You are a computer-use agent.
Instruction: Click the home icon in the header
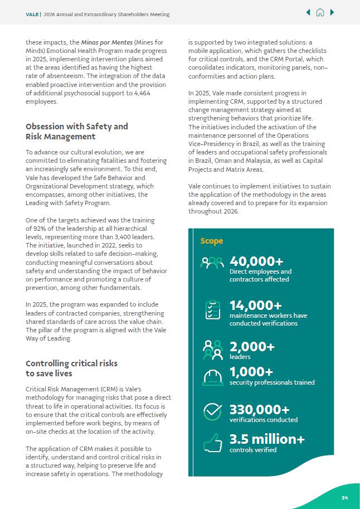320,13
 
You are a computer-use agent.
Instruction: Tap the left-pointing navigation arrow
308,13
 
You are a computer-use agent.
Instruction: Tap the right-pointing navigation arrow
333,13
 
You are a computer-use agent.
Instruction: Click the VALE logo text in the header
32,14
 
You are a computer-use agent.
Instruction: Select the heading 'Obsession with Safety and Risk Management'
76,132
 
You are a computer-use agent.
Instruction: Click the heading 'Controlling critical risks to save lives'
71,368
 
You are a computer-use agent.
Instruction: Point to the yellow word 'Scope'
212,241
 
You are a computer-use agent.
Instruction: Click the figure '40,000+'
256,261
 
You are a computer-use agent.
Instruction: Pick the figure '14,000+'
255,305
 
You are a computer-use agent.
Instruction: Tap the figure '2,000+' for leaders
252,347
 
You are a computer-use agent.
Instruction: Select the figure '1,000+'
251,372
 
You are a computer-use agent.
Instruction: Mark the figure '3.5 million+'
267,439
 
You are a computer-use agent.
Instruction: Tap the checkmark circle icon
212,411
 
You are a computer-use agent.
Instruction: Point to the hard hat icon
212,377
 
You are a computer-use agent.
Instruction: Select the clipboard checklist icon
212,310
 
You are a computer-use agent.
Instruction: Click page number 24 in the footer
345,498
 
